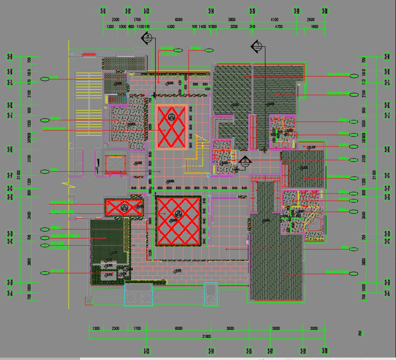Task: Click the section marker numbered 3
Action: tap(147, 38)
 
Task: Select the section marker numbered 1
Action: tap(257, 46)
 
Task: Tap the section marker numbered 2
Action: tap(245, 161)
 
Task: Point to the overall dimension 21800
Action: tap(206, 336)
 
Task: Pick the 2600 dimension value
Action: tap(311, 20)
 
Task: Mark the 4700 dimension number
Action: tap(278, 27)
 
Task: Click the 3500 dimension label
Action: tap(230, 329)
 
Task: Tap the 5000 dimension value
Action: tap(276, 329)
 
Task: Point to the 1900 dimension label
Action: tap(314, 27)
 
